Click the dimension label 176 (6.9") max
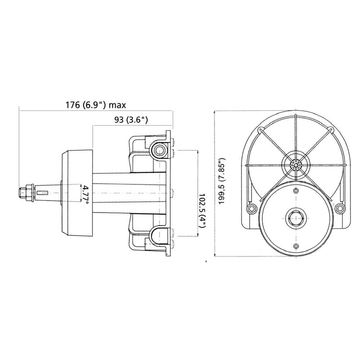(x=96, y=105)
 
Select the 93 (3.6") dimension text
(x=131, y=120)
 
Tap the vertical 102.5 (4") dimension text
(x=202, y=210)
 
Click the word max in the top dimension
(x=117, y=105)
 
